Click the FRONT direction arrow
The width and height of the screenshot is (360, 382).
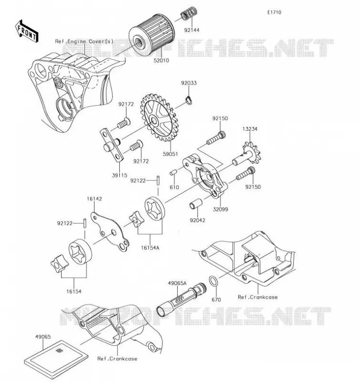pos(27,31)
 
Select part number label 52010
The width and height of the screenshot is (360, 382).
pos(161,61)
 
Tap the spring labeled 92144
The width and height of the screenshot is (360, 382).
pos(189,14)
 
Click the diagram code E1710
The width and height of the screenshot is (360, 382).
pos(274,12)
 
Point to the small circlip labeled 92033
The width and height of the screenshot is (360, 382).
pos(189,100)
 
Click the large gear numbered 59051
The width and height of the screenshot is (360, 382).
pos(159,117)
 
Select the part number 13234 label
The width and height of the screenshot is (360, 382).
pos(250,129)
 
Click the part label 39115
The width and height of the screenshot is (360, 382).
pos(119,175)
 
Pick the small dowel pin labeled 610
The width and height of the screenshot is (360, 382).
pos(173,172)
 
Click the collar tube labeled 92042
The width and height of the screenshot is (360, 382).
pos(196,204)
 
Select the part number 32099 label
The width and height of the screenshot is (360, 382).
pos(221,209)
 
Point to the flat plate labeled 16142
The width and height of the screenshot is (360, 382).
pos(110,232)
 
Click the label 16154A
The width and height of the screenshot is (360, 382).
pos(150,248)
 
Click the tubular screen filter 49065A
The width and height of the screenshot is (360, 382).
pos(181,300)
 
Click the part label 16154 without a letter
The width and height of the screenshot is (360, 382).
pos(74,292)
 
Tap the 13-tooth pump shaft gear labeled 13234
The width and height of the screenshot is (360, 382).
pos(246,155)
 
